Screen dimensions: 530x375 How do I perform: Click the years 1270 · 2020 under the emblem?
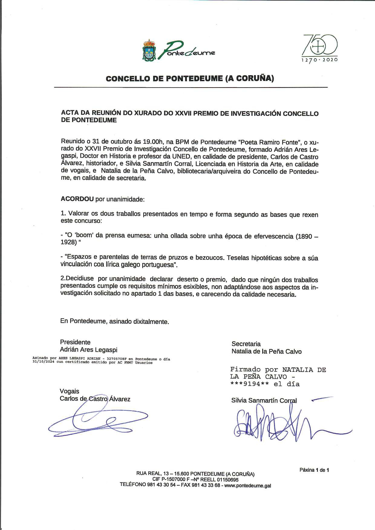click(x=320, y=60)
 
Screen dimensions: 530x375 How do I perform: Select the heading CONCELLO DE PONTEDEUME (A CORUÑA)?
click(x=190, y=79)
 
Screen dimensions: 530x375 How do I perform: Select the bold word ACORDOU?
click(x=77, y=199)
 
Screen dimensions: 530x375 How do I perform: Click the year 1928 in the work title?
click(x=68, y=243)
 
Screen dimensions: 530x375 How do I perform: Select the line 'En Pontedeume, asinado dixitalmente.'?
click(x=114, y=321)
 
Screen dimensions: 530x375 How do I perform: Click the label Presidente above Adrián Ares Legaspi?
click(x=75, y=342)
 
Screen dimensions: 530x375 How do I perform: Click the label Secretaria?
click(x=246, y=344)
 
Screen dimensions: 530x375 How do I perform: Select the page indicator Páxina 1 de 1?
click(x=314, y=470)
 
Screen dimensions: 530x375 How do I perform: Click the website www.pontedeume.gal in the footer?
click(x=248, y=486)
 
